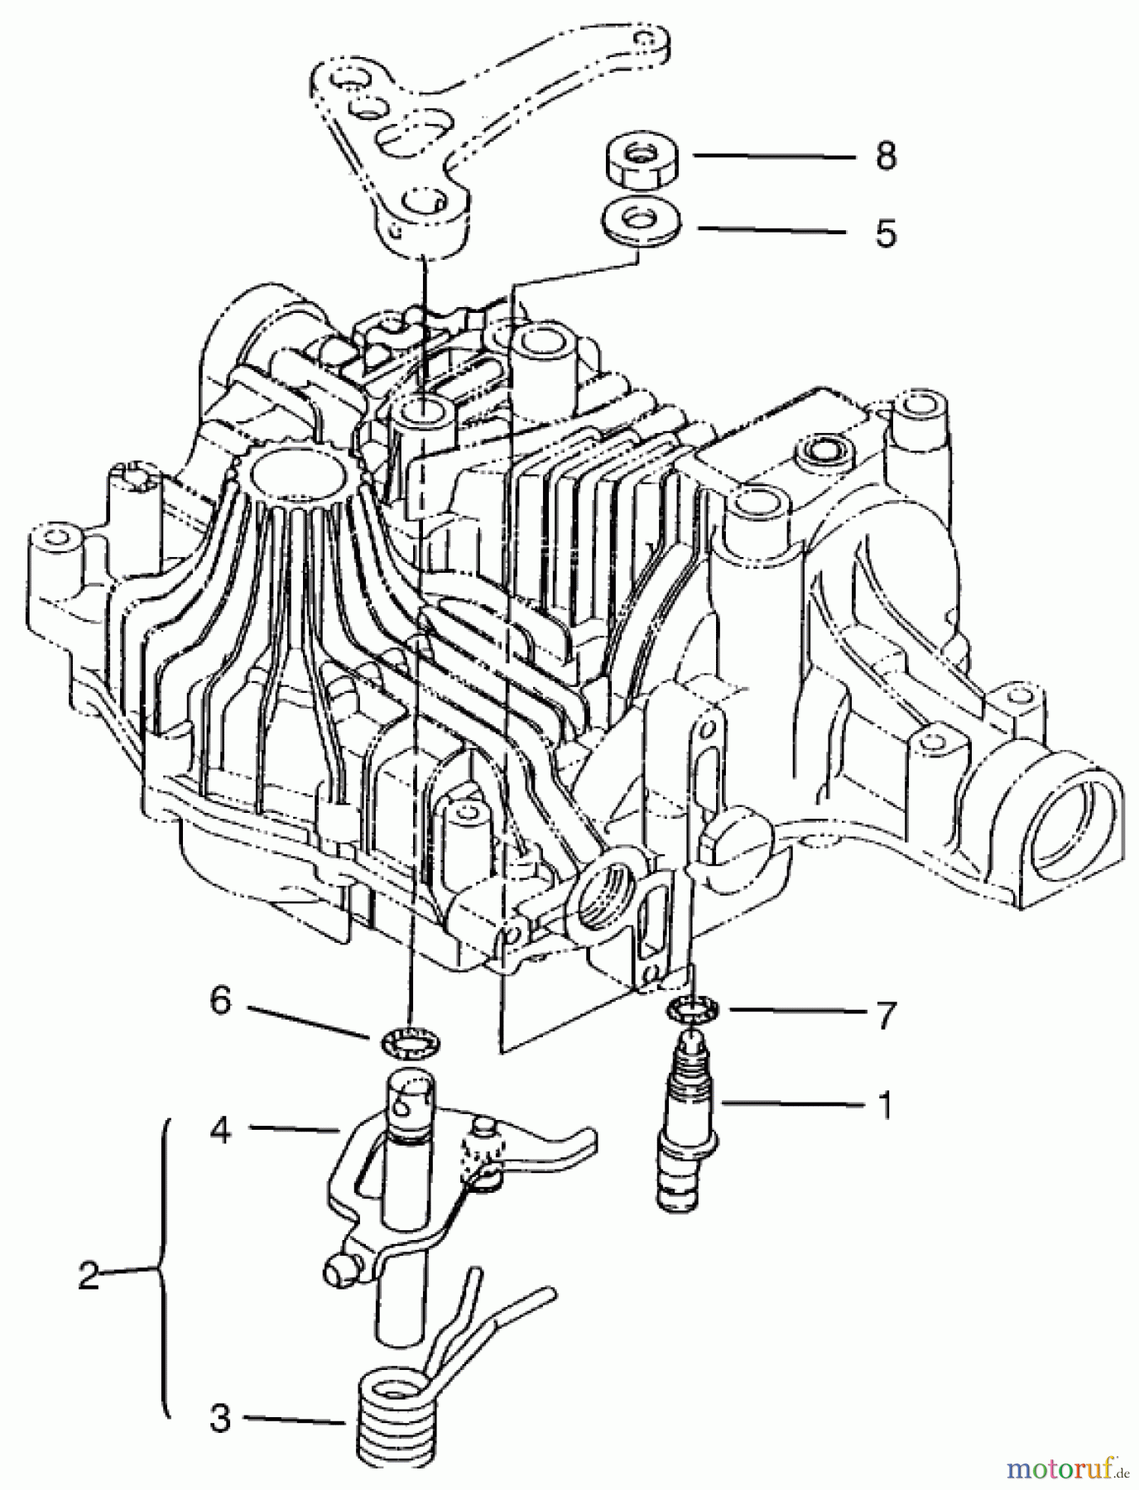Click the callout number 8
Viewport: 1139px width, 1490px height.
[x=886, y=156]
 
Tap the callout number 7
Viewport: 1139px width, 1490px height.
[x=886, y=1015]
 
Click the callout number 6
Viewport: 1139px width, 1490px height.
[x=219, y=1002]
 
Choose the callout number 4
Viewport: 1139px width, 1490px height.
[x=219, y=1130]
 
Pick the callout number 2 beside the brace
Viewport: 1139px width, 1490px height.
[x=89, y=1276]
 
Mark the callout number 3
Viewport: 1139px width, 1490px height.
[x=219, y=1420]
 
